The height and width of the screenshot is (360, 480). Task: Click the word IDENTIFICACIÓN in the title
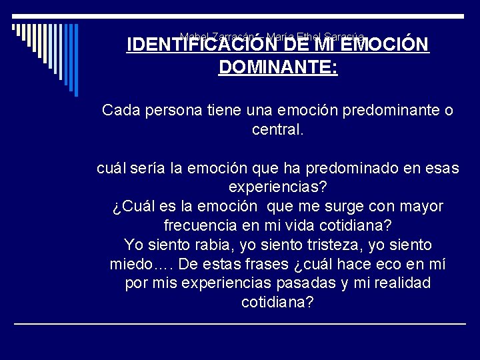pos(189,45)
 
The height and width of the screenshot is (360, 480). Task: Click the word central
pos(277,129)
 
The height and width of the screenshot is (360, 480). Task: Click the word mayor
pos(421,207)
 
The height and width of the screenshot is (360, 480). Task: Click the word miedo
pos(132,265)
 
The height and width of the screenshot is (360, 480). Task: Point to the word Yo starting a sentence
pos(132,245)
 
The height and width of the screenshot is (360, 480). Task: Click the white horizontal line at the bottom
pos(240,323)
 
